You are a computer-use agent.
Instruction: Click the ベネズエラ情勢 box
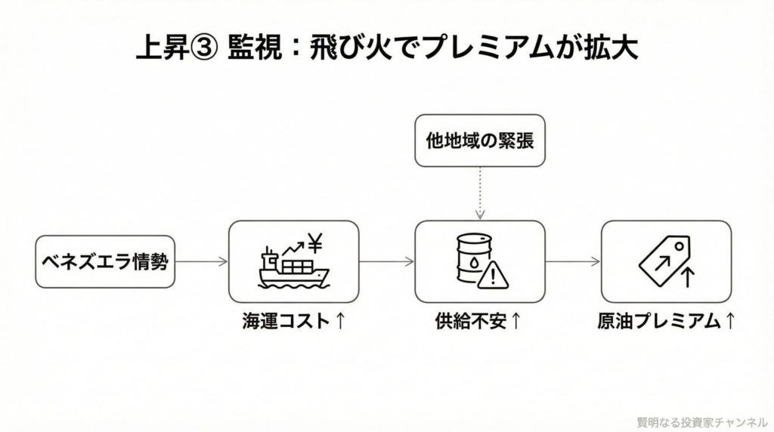pos(105,261)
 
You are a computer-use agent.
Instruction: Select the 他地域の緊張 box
pos(480,140)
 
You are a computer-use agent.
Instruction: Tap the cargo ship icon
pos(292,269)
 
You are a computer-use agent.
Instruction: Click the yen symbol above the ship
pos(316,243)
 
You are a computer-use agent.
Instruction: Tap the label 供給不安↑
pos(479,321)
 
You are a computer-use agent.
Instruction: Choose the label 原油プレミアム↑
pos(666,321)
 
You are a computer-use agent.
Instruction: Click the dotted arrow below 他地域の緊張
pos(479,193)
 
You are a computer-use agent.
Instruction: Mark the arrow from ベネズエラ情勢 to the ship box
pos(202,262)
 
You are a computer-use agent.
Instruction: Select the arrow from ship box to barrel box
pos(386,262)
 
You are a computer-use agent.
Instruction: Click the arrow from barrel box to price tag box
pos(573,262)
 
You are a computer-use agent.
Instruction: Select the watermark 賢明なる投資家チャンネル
pos(701,421)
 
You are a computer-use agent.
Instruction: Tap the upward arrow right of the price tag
pos(687,276)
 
